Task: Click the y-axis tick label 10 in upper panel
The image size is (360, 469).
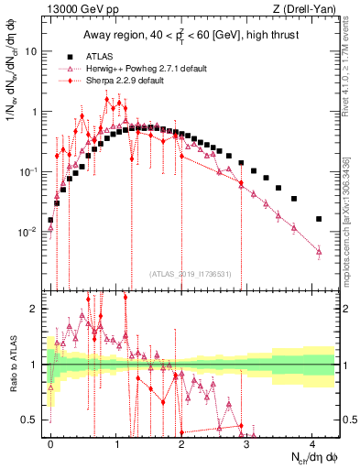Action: [x=30, y=51]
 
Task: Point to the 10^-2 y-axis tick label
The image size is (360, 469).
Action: [x=27, y=233]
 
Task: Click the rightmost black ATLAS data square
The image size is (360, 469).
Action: [x=319, y=219]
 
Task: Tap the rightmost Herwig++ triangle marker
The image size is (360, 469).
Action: [x=319, y=251]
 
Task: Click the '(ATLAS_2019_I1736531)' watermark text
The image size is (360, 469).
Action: [x=190, y=273]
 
